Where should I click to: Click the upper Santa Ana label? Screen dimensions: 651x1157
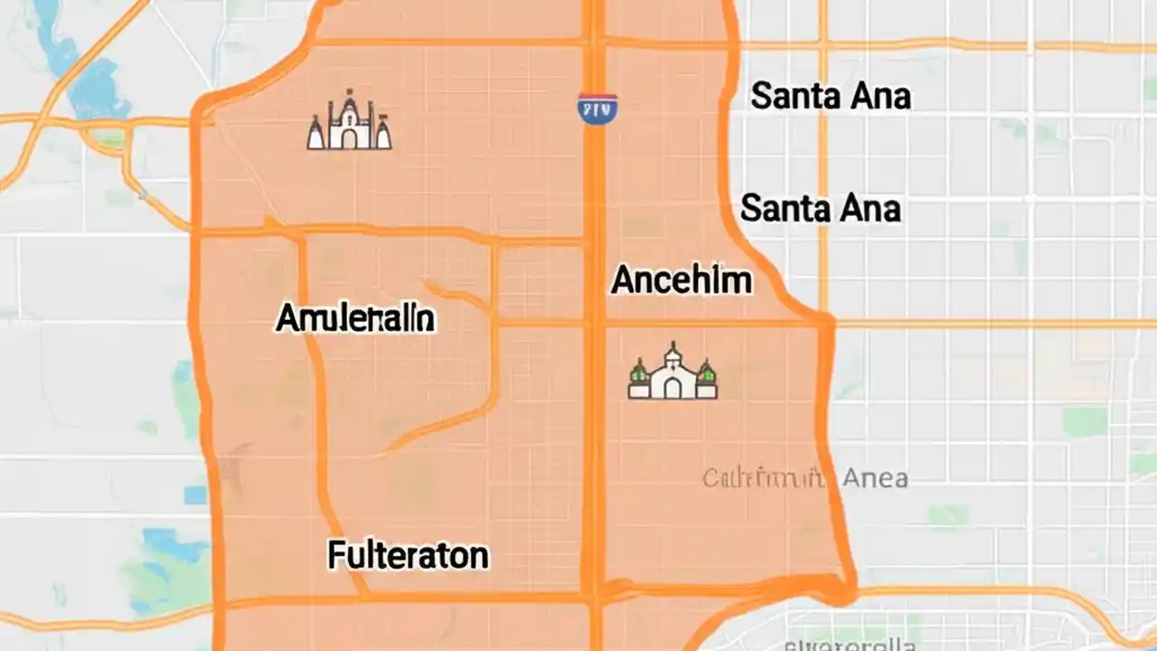[x=830, y=96]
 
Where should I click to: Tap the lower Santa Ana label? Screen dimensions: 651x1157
[x=820, y=209]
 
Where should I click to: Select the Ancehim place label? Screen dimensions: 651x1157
[x=681, y=280]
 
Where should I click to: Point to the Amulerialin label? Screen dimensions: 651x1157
[x=355, y=318]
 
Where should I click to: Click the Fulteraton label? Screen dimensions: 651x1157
[x=408, y=555]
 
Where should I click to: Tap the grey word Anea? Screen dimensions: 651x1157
[x=874, y=478]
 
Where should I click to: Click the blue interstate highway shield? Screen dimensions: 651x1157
[x=597, y=108]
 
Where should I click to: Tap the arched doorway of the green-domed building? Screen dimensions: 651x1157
[x=673, y=388]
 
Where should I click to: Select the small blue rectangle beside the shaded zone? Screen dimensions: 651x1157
[x=195, y=495]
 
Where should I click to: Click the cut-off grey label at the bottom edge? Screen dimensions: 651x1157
[x=850, y=644]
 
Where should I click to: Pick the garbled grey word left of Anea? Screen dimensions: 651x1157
[x=763, y=478]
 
